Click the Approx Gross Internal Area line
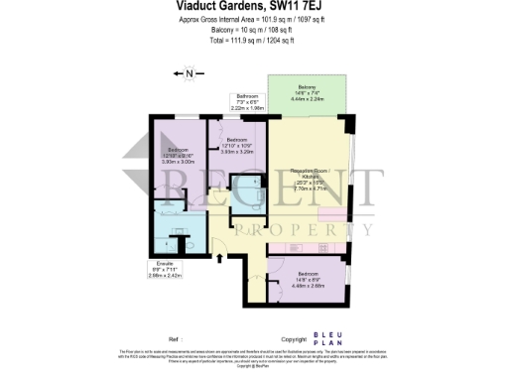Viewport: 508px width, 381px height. (x=253, y=19)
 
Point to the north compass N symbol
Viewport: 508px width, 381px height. (x=190, y=72)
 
